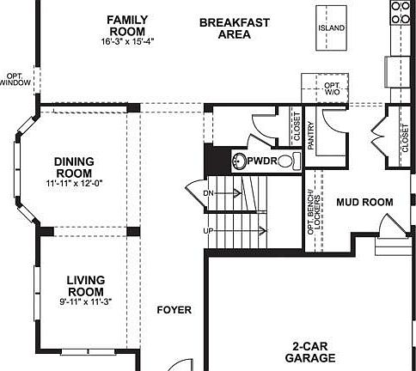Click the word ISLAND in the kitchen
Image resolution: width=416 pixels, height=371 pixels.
click(332, 27)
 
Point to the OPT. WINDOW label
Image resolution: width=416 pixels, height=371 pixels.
click(18, 78)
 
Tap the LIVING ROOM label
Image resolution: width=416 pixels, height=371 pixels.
click(85, 286)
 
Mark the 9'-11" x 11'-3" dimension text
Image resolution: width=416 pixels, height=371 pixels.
click(85, 301)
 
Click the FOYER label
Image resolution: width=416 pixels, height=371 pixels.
click(174, 310)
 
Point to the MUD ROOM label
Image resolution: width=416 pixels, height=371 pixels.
click(364, 203)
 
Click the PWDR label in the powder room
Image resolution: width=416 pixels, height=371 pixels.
click(260, 161)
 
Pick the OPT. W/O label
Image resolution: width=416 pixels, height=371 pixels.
click(332, 88)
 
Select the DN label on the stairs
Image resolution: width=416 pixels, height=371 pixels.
click(208, 194)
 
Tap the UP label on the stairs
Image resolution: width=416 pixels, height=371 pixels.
click(208, 232)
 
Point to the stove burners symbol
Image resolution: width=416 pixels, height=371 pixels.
click(401, 11)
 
